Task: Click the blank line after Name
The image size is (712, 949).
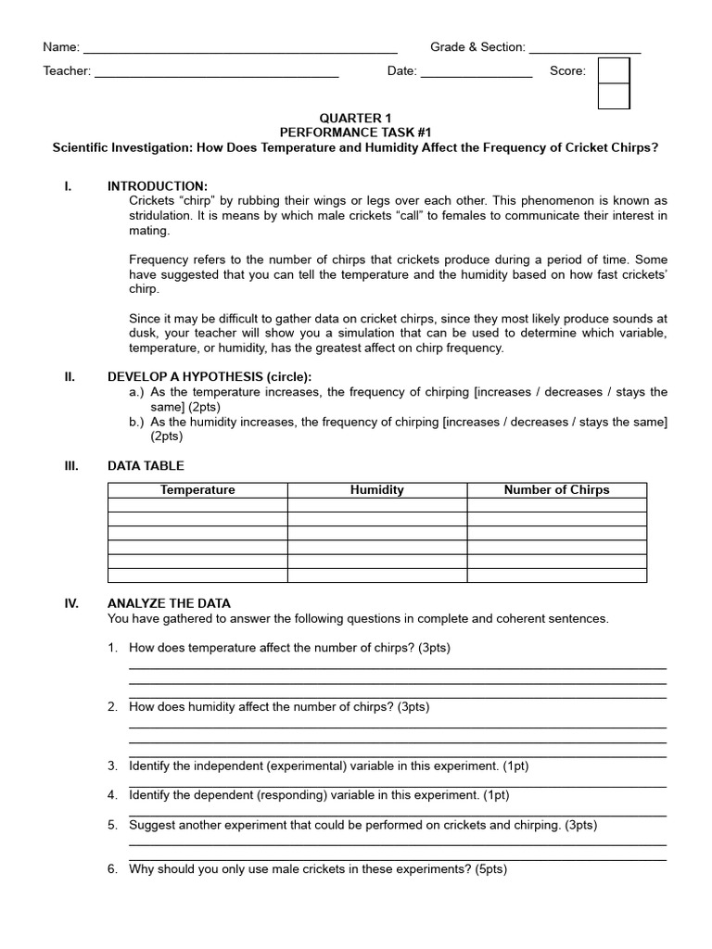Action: [240, 48]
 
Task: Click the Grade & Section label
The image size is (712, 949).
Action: [477, 47]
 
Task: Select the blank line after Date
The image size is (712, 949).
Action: [477, 72]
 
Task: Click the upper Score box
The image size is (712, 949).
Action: [614, 70]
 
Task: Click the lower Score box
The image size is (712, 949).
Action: [614, 96]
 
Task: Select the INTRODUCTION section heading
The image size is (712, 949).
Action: [158, 186]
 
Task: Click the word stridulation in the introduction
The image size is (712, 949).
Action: [160, 216]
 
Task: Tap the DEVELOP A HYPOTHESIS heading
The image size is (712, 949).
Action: [210, 377]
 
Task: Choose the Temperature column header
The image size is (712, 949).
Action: [197, 490]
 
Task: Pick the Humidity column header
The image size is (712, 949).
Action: [376, 490]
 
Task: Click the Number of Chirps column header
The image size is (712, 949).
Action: [556, 490]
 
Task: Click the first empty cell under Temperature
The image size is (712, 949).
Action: [197, 505]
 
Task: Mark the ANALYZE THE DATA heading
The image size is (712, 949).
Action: [169, 603]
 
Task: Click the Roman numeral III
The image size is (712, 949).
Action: [71, 466]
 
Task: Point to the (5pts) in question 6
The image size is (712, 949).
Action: [490, 870]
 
